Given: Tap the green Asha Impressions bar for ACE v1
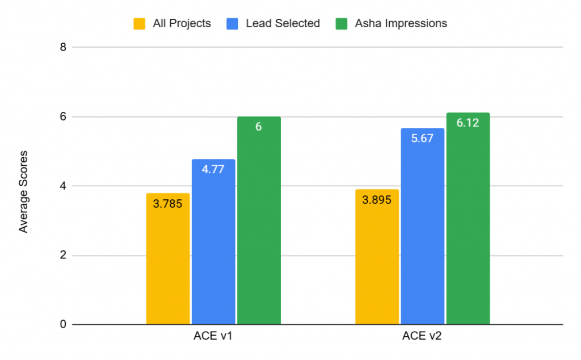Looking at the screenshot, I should click(x=259, y=227).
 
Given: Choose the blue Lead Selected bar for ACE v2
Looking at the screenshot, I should click(x=422, y=233).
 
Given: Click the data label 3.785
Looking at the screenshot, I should click(x=168, y=203).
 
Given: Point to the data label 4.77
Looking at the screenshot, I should click(x=213, y=169).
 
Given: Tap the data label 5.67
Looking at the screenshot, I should click(x=422, y=138).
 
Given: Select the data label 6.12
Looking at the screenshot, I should click(x=468, y=123).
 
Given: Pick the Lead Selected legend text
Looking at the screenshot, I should click(x=283, y=23).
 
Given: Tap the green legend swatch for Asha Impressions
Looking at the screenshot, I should click(x=342, y=23).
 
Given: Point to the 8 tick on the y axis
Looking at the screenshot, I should click(x=62, y=48).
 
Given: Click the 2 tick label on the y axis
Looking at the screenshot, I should click(x=62, y=256).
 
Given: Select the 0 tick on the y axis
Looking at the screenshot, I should click(x=62, y=325).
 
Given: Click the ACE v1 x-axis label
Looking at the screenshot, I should click(x=213, y=336).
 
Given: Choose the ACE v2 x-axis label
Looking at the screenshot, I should click(x=422, y=336).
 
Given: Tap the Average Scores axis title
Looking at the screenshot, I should click(x=23, y=192).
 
